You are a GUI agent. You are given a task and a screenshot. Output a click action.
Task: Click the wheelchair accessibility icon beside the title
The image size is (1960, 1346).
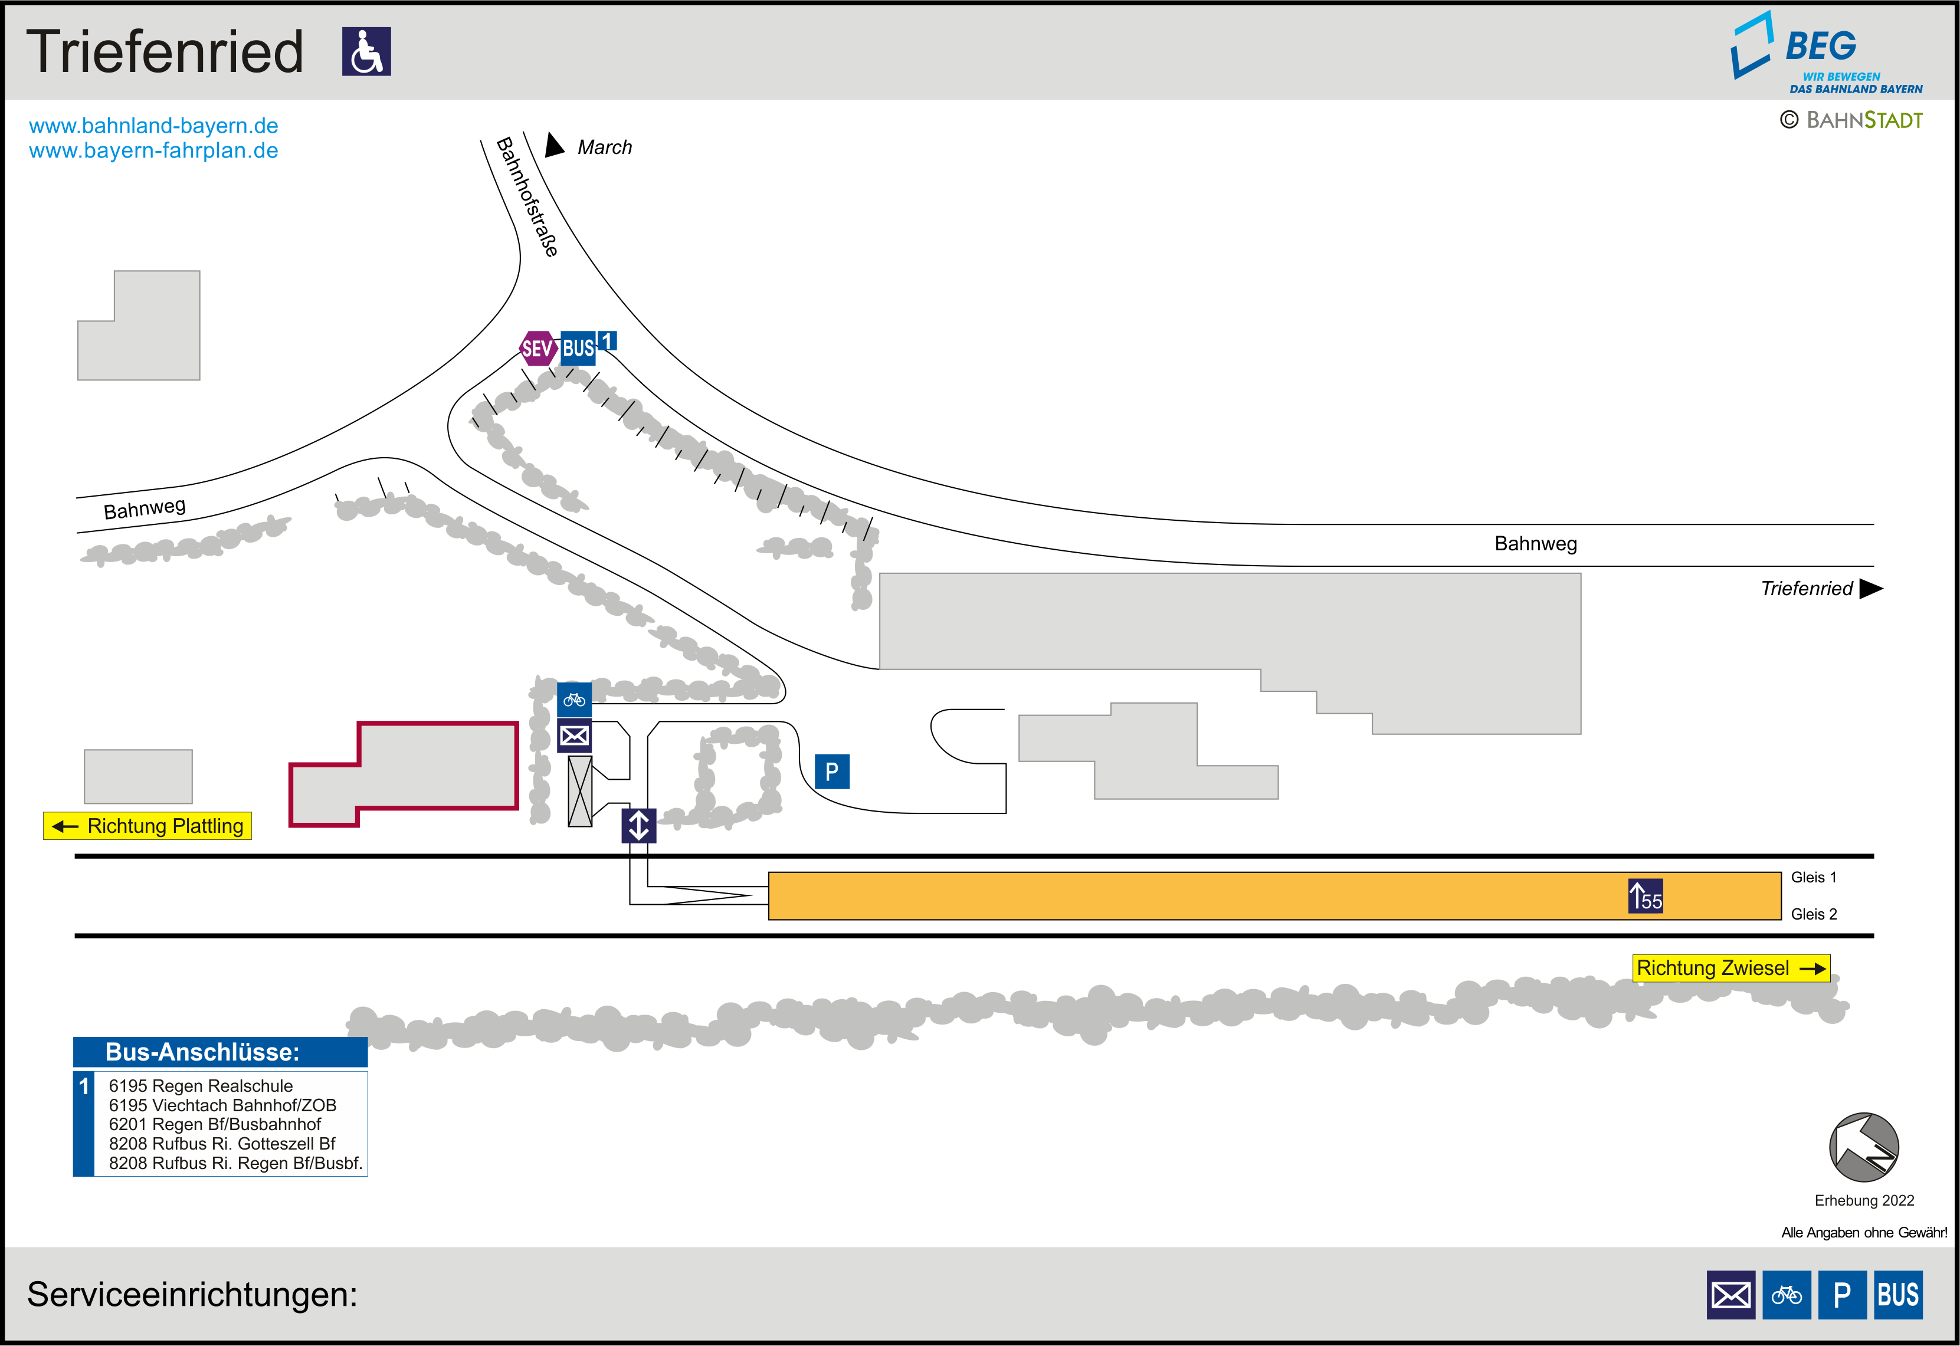coord(366,51)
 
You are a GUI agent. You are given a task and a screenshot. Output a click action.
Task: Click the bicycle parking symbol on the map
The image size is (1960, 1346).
coord(574,699)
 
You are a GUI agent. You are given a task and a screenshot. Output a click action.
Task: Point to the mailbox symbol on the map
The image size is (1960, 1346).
coord(574,736)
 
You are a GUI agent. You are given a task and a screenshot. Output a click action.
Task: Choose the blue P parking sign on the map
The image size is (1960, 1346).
coord(831,772)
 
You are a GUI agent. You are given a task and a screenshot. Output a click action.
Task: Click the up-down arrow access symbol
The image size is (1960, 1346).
coord(638,826)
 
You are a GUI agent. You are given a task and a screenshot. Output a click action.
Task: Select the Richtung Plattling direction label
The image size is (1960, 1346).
coord(148,826)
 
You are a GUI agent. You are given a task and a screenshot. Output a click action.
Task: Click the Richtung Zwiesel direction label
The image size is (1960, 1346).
coord(1730,968)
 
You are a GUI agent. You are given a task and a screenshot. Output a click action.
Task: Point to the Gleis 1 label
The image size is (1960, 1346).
coord(1813,877)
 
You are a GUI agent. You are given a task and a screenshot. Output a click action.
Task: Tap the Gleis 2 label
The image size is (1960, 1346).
coord(1813,914)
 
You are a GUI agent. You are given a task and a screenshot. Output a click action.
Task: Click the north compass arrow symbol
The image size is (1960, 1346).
coord(1863,1147)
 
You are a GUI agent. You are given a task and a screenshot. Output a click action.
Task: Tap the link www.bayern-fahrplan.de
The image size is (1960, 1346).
coord(153,151)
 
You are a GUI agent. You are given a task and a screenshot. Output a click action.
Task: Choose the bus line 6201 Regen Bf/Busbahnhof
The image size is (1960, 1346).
coord(215,1124)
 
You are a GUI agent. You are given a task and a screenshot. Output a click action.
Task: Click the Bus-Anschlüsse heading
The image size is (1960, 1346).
coord(202,1052)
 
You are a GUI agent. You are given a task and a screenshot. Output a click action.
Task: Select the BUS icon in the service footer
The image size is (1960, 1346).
coord(1897,1295)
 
